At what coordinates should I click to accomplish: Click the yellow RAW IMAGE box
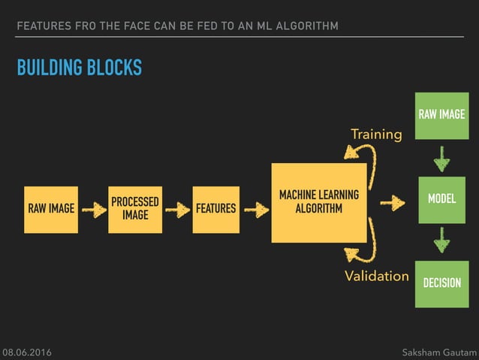[x=51, y=209]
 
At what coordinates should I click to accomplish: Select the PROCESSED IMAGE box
[x=135, y=209]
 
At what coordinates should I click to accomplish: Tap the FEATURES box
[x=215, y=209]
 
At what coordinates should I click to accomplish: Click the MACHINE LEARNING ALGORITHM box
[x=318, y=202]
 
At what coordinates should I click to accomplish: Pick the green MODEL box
[x=441, y=198]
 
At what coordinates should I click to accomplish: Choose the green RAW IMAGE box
[x=441, y=115]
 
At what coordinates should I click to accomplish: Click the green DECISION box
[x=441, y=283]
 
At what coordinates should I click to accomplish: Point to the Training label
[x=376, y=135]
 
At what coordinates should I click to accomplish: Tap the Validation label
[x=376, y=276]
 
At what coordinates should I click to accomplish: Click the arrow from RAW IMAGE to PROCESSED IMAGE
[x=94, y=210]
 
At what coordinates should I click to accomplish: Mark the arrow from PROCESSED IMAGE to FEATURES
[x=177, y=210]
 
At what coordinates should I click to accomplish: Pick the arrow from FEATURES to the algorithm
[x=256, y=210]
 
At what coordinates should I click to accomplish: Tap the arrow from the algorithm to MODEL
[x=392, y=203]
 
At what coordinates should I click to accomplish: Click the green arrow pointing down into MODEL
[x=441, y=159]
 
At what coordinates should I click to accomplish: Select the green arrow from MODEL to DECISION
[x=441, y=241]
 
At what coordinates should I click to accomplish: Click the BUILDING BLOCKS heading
[x=80, y=68]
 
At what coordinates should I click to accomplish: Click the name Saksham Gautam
[x=438, y=352]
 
